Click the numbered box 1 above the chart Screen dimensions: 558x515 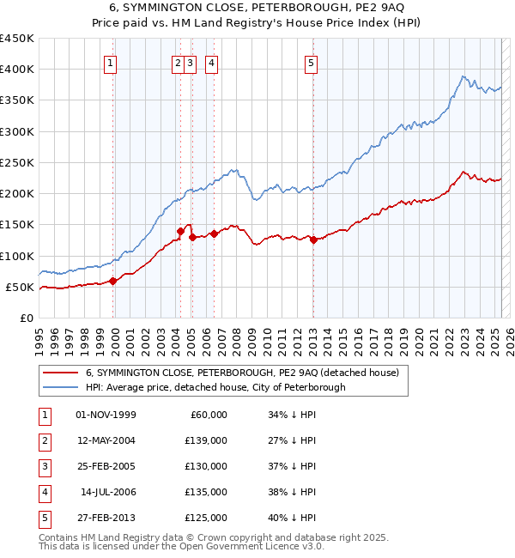(112, 62)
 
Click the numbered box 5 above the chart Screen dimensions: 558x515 (311, 62)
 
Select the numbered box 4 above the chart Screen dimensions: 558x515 (211, 62)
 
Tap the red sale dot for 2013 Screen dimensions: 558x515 (314, 240)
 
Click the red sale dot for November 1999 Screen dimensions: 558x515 (113, 281)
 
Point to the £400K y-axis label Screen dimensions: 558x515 (17, 70)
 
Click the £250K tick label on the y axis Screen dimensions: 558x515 (17, 162)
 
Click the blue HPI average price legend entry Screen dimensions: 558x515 (215, 387)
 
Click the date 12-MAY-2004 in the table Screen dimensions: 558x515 (106, 440)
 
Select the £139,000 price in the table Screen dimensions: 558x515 (207, 440)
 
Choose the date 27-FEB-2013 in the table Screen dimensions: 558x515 (106, 518)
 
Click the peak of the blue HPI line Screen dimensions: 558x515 (463, 76)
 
